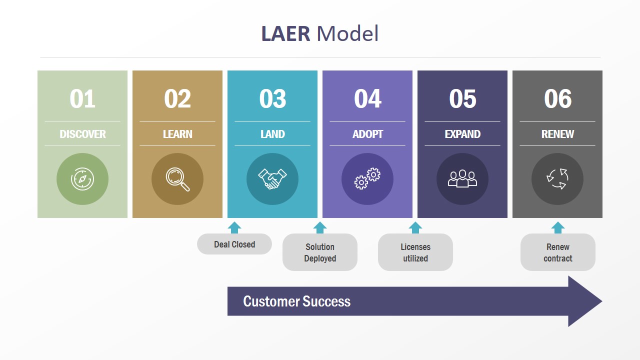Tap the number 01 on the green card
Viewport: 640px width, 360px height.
coord(82,98)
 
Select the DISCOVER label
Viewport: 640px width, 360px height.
coord(82,134)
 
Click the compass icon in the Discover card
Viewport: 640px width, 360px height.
coord(82,179)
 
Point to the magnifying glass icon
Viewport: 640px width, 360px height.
coord(177,179)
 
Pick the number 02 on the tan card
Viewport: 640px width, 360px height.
coord(177,98)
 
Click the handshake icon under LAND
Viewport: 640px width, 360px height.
coord(272,179)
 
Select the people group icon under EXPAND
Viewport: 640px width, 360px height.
coord(462,179)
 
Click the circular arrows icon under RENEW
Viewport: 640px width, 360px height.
coord(557,179)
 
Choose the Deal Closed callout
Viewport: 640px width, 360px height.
coord(234,244)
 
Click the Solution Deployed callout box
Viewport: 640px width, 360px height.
coord(320,252)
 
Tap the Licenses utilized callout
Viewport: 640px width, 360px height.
coord(415,252)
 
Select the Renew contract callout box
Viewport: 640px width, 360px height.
coord(558,252)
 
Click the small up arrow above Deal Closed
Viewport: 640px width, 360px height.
coord(234,227)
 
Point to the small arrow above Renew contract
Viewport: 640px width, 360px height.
coord(558,227)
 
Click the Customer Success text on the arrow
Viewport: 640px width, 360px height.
coord(296,301)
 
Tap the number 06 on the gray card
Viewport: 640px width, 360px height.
coord(557,98)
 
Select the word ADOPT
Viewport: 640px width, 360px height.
coord(367,134)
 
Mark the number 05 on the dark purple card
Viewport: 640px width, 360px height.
coord(462,98)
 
